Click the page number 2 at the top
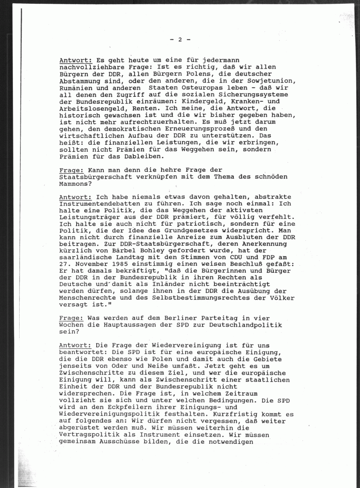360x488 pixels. pos(180,40)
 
